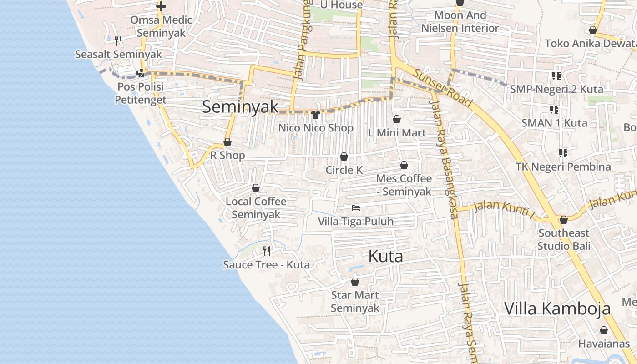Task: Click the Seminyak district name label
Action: [x=240, y=107]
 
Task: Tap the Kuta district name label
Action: [x=385, y=257]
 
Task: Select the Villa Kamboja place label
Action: [x=557, y=308]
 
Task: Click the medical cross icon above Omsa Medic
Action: [x=161, y=6]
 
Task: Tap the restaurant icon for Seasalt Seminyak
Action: [x=118, y=41]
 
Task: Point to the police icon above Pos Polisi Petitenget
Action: [x=141, y=72]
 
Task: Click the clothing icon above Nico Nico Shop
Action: [x=316, y=114]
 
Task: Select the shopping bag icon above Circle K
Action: [x=344, y=157]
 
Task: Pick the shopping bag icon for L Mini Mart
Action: [x=397, y=119]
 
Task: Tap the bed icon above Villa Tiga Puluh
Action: [x=356, y=208]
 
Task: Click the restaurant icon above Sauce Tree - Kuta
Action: [x=267, y=251]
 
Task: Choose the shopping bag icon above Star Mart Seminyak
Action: [x=355, y=282]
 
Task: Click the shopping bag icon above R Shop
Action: [x=227, y=142]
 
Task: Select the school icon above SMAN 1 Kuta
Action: [x=554, y=109]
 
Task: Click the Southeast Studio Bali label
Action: [x=564, y=240]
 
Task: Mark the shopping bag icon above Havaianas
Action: [x=604, y=330]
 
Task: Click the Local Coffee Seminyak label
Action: [x=256, y=208]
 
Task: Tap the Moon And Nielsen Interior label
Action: [x=460, y=22]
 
